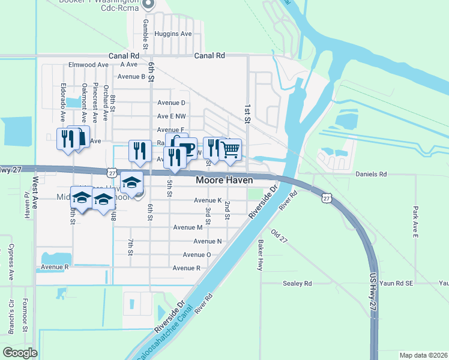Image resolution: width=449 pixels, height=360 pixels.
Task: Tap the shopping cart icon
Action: click(231, 149)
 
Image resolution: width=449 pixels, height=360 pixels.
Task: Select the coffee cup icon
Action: click(187, 147)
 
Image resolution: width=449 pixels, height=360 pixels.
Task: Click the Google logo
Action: click(20, 352)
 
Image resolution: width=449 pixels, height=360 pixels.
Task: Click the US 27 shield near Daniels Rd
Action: click(326, 197)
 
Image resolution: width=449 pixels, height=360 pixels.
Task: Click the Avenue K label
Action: click(208, 200)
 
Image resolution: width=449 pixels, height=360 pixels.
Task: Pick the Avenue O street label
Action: click(197, 254)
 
